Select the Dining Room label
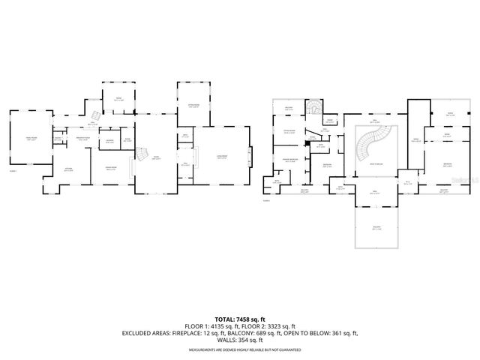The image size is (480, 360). (x=110, y=169)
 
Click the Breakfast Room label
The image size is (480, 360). (x=82, y=137)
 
